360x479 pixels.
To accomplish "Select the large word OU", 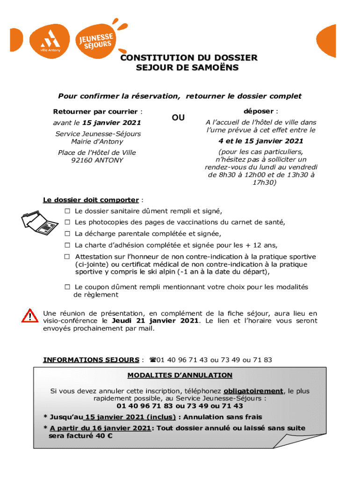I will pos(178,118).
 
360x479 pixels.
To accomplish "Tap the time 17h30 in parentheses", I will pos(264,183).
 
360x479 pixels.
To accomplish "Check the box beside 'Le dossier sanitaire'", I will pos(67,211).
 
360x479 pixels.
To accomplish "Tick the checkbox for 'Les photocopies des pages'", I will pos(67,222).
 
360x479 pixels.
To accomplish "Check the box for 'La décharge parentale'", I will pos(67,233).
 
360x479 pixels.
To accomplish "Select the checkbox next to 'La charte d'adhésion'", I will pos(67,245).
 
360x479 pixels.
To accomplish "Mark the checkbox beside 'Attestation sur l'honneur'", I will pos(67,257).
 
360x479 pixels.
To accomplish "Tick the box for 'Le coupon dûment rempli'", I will pos(67,287).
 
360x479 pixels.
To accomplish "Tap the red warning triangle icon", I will pos(29,316).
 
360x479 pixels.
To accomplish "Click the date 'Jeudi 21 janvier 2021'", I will pos(156,321).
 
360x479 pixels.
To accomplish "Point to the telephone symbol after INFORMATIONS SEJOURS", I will pos(152,360).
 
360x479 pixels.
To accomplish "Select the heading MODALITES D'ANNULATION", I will pos(180,375).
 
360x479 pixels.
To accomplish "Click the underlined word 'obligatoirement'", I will pos(253,391).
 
